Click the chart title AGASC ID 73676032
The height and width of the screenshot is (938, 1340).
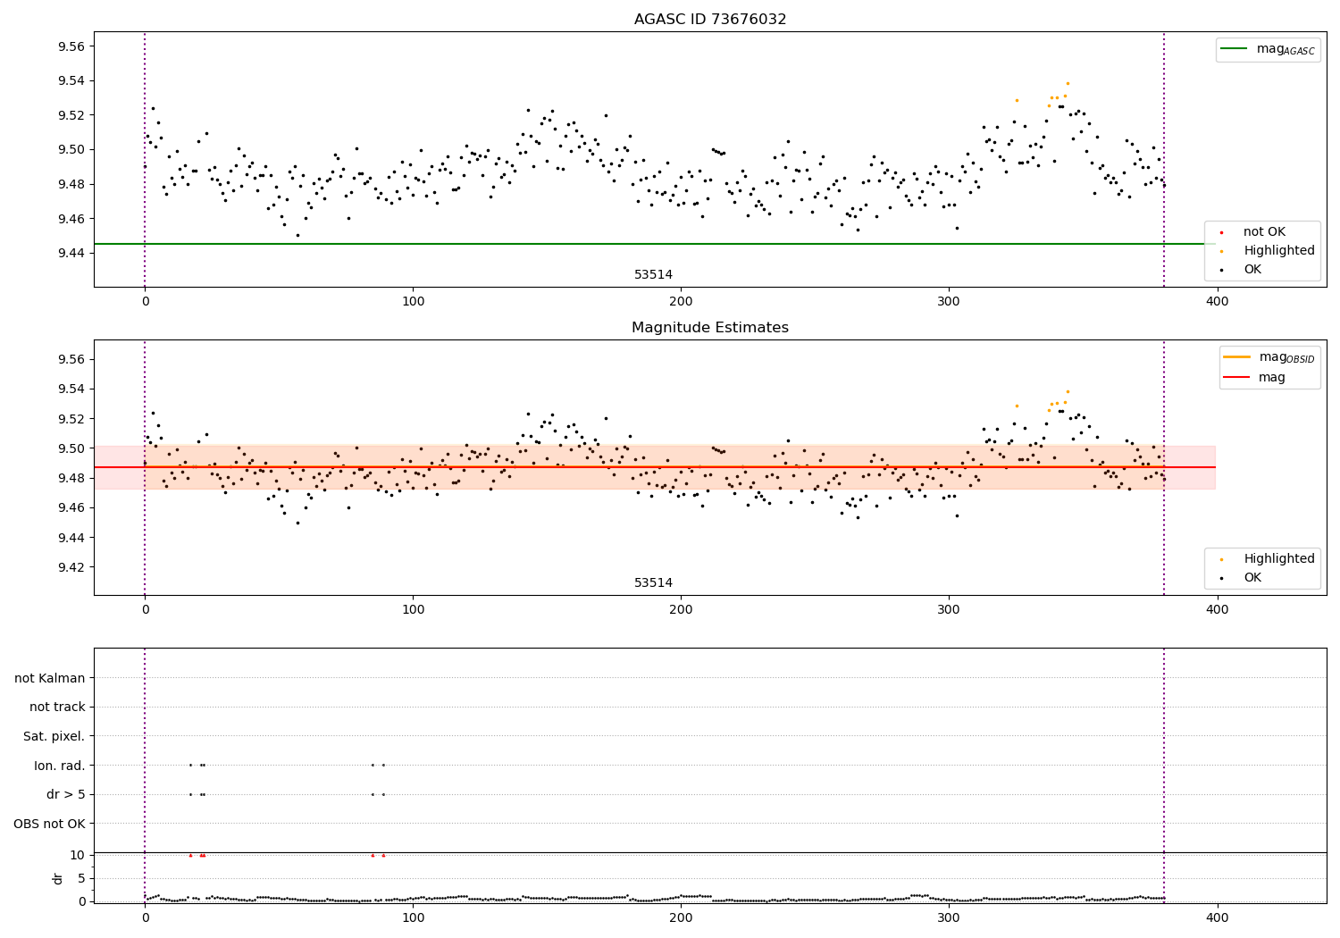pyautogui.click(x=710, y=20)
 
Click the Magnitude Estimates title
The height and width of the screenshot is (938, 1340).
pyautogui.click(x=710, y=328)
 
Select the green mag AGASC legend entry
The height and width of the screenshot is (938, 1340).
pyautogui.click(x=1269, y=49)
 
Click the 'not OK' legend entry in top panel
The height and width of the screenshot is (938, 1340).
pyautogui.click(x=1264, y=232)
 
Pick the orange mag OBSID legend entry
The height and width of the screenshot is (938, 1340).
pyautogui.click(x=1269, y=357)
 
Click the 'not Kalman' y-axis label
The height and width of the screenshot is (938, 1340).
pyautogui.click(x=50, y=678)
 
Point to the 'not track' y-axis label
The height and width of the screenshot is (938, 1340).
pyautogui.click(x=57, y=707)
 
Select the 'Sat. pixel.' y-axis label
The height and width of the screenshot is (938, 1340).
pyautogui.click(x=54, y=736)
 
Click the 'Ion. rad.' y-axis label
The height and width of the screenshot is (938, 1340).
pyautogui.click(x=60, y=766)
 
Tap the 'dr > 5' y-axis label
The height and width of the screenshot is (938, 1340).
pyautogui.click(x=66, y=794)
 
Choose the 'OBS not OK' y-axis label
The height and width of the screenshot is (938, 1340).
pyautogui.click(x=50, y=824)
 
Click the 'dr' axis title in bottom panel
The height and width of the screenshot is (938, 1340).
pyautogui.click(x=58, y=878)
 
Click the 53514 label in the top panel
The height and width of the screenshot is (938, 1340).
pyautogui.click(x=653, y=274)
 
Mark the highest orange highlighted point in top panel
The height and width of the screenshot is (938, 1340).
pyautogui.click(x=1068, y=83)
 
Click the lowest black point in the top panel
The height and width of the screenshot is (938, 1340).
pyautogui.click(x=297, y=235)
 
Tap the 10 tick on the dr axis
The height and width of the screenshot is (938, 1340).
pyautogui.click(x=78, y=855)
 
